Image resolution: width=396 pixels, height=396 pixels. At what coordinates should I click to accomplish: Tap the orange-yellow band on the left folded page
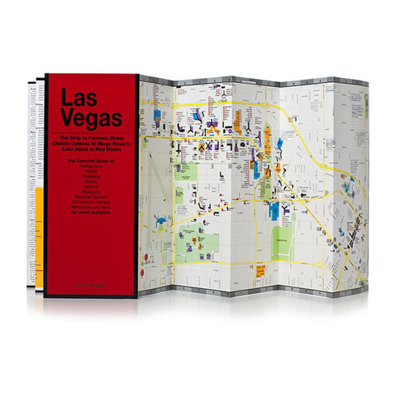39,223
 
